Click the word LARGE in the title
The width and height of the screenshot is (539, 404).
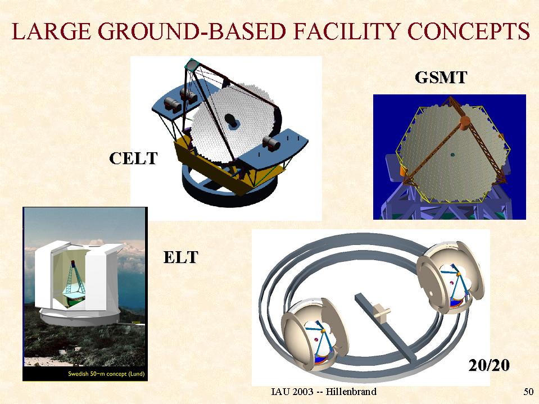click(x=52, y=31)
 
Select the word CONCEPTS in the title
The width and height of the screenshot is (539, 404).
click(x=468, y=31)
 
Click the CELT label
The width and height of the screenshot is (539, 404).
click(x=133, y=158)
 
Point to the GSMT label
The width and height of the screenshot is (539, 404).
click(x=441, y=78)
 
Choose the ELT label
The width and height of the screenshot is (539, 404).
click(x=181, y=257)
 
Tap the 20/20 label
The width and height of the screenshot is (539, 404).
click(x=489, y=365)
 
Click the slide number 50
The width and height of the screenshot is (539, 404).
click(x=528, y=392)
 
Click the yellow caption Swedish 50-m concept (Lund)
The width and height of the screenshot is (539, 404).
click(x=106, y=374)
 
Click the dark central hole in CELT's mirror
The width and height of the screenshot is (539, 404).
click(x=231, y=120)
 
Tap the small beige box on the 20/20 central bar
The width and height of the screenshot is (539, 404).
click(x=381, y=312)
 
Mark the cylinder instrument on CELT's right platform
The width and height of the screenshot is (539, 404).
click(x=272, y=143)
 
